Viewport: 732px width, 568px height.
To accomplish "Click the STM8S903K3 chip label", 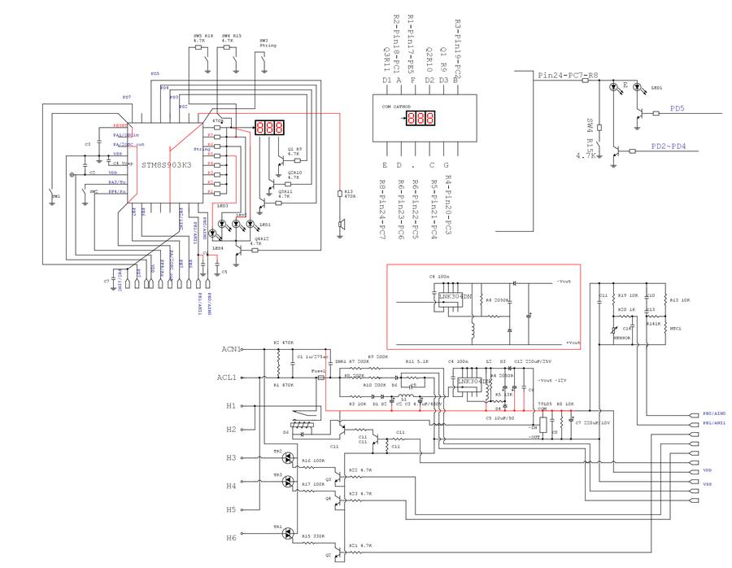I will click(166, 165).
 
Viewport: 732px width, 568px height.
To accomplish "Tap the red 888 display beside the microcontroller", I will click(269, 128).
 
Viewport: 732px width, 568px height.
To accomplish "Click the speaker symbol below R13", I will click(342, 223).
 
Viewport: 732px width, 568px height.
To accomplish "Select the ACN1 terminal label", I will click(232, 349).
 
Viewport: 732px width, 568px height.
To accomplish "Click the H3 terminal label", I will click(231, 458).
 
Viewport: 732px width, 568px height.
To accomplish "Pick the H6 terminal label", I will click(231, 538).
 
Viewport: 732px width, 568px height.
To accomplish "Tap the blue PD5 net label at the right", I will click(677, 108).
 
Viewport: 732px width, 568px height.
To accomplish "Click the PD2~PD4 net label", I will click(669, 146).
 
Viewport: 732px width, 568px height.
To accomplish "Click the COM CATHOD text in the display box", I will click(396, 107).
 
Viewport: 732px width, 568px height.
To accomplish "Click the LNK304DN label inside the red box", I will click(456, 296).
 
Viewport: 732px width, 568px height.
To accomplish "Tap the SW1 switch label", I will click(55, 197).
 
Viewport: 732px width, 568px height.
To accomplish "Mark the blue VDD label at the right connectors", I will click(706, 470).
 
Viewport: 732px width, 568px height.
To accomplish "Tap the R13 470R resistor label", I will click(350, 194).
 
